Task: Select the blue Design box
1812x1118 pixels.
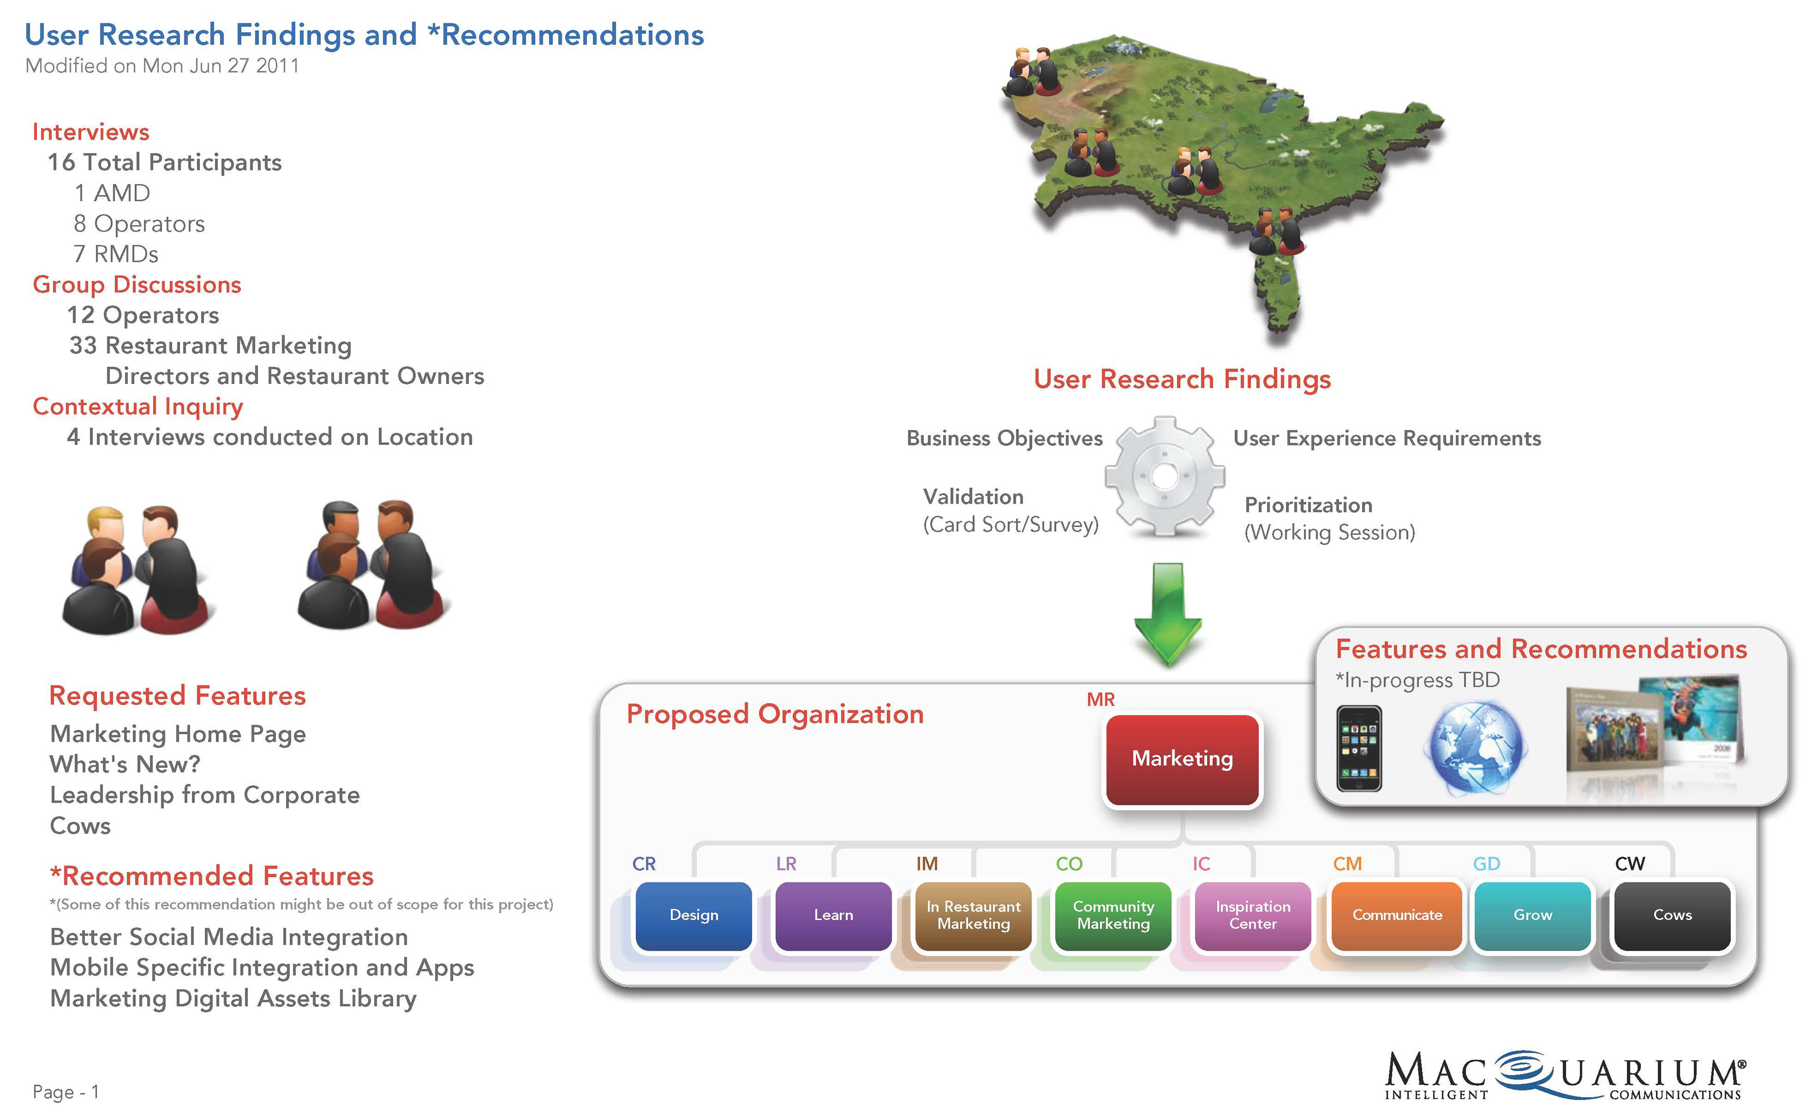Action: pos(694,916)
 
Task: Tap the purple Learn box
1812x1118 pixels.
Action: pos(833,916)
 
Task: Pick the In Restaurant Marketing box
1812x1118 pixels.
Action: pos(973,916)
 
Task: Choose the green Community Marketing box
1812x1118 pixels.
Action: pos(1113,916)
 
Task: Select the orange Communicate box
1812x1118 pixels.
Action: pos(1397,916)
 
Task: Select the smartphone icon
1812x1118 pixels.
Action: pos(1359,748)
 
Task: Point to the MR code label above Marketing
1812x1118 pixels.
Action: pos(1100,699)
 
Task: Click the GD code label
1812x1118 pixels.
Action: pos(1486,864)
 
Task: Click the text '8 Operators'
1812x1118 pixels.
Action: pos(139,223)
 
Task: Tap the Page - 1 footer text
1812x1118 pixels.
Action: pos(66,1092)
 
